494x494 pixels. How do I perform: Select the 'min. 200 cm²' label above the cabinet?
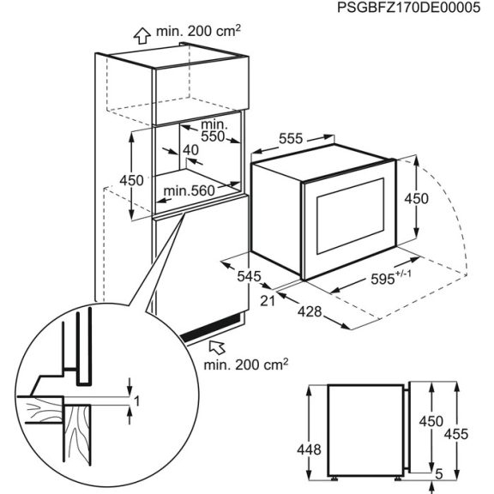pos(198,33)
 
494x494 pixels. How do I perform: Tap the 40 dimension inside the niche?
pos(190,151)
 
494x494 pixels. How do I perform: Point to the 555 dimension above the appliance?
pos(293,137)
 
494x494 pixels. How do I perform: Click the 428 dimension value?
pos(310,312)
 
